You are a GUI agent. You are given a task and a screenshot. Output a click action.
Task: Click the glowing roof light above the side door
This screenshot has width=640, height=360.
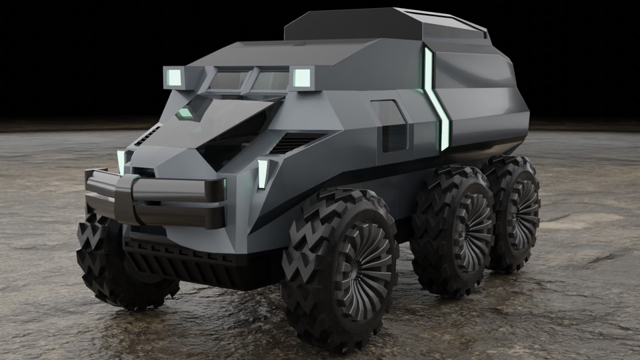click(302, 77)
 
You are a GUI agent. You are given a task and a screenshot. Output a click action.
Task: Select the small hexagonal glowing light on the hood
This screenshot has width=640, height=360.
click(186, 112)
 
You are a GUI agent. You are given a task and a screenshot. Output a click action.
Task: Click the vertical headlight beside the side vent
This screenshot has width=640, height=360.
click(263, 173)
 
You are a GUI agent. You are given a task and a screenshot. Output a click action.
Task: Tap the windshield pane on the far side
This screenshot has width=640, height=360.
click(227, 81)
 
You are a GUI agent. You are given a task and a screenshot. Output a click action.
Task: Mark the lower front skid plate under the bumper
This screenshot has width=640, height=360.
click(180, 257)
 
